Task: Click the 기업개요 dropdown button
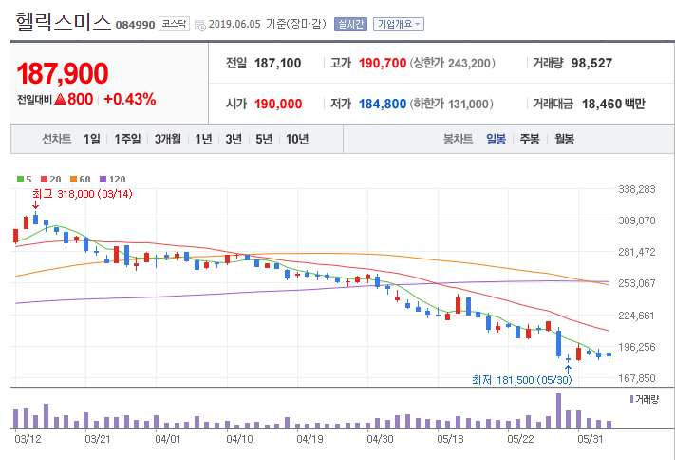click(398, 24)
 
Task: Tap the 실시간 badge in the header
click(350, 24)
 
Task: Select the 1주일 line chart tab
click(127, 139)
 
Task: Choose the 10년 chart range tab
click(297, 139)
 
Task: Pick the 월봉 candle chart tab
click(564, 139)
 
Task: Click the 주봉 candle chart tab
click(530, 139)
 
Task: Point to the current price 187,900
click(63, 73)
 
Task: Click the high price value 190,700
click(383, 64)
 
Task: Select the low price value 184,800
click(383, 104)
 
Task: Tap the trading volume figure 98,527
click(591, 64)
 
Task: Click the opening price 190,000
click(278, 104)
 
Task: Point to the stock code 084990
click(135, 25)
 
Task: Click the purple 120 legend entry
click(112, 179)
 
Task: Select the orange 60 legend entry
click(81, 179)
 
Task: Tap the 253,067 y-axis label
click(637, 283)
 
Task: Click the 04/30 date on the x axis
click(380, 439)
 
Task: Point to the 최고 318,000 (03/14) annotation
click(83, 194)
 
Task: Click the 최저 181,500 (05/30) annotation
click(522, 380)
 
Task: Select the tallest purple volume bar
click(558, 411)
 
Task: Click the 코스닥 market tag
click(174, 24)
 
